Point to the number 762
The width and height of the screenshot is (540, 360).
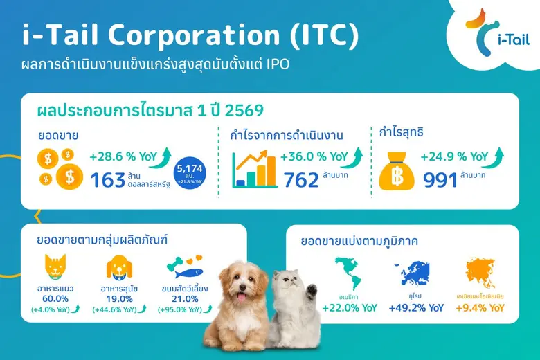tap(301, 179)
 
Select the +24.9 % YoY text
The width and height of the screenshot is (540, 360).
tap(450, 156)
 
